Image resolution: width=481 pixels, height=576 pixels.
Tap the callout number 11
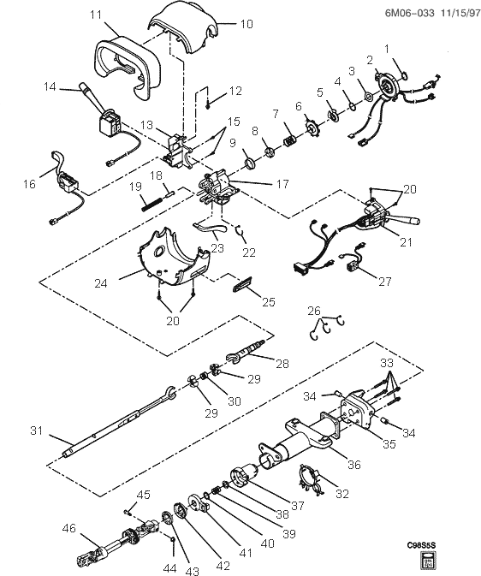click(95, 15)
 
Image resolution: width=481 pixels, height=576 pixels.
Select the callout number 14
click(50, 86)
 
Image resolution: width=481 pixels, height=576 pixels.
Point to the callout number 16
click(30, 183)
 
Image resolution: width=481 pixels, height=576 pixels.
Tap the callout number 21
click(406, 242)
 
